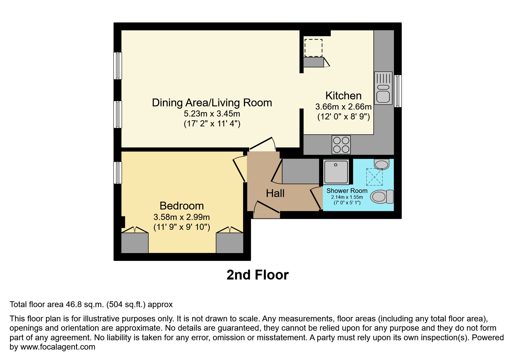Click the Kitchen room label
(343, 96)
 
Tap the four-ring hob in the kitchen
(341, 145)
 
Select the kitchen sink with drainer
(383, 88)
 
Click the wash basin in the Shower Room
(382, 164)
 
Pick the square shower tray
(336, 172)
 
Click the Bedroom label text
(182, 206)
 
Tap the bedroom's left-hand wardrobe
(135, 243)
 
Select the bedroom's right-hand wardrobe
(229, 243)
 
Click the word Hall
(275, 193)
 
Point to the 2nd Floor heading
(257, 275)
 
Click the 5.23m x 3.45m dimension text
(212, 114)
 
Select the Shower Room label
(347, 191)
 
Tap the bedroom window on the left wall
(117, 173)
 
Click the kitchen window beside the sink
(398, 91)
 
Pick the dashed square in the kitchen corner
(313, 48)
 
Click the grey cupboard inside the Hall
(301, 171)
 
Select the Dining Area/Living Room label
(212, 103)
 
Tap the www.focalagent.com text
(58, 347)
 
